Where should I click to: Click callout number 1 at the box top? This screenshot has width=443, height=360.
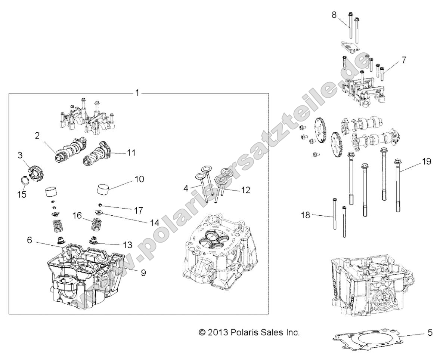coord(137,92)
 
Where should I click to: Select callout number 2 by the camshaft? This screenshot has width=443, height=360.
coord(37,136)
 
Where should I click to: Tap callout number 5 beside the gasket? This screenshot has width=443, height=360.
coord(430,332)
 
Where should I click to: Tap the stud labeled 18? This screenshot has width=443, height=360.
coord(335,217)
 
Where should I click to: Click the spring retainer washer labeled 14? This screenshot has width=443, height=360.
coord(99,213)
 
